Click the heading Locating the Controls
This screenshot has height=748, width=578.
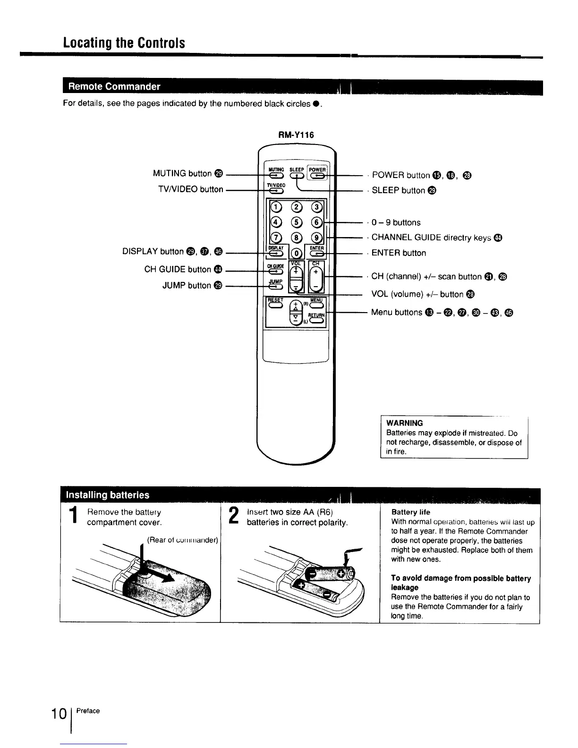[x=124, y=43]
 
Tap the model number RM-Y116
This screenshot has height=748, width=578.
[x=297, y=135]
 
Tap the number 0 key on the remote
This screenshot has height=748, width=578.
[x=297, y=253]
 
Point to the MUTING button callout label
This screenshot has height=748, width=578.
[x=187, y=173]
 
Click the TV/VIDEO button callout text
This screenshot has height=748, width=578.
[x=190, y=189]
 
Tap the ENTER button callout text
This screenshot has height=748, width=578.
[x=399, y=253]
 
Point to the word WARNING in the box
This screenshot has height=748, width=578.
[x=404, y=423]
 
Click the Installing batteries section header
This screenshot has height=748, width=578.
[x=108, y=495]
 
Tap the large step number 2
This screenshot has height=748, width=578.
[x=233, y=517]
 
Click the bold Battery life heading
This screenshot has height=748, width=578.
[x=411, y=512]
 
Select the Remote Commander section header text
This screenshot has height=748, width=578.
[x=114, y=86]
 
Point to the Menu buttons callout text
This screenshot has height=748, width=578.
[x=397, y=312]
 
